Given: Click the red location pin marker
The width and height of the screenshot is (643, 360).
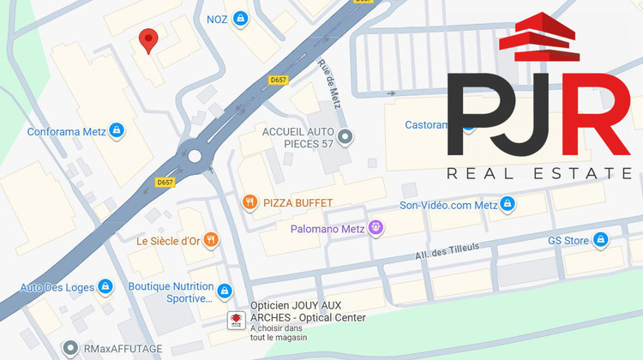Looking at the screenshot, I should [x=148, y=39].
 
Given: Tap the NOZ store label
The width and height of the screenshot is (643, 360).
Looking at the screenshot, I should [x=217, y=18].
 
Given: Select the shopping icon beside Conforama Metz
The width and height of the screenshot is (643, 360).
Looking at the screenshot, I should [x=117, y=131].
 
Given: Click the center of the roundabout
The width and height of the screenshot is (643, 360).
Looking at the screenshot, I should [x=195, y=156].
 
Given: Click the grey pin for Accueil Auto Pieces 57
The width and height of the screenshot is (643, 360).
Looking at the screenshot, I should [x=345, y=136].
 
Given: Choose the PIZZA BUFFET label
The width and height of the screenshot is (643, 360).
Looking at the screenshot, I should [x=297, y=202].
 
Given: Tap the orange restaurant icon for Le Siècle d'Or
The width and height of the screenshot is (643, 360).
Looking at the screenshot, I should [x=211, y=240].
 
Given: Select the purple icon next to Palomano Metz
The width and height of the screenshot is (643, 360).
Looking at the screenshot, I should [x=375, y=228].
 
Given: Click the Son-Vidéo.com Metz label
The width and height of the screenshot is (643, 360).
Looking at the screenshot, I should [x=448, y=205].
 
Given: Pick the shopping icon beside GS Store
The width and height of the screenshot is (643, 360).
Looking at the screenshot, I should [x=600, y=240].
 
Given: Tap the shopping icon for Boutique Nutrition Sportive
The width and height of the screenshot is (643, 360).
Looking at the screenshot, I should [x=225, y=291].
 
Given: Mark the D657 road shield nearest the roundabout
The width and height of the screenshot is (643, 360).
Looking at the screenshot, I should [x=165, y=183].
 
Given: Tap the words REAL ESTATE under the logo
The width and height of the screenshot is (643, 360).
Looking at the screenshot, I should [x=538, y=174].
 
